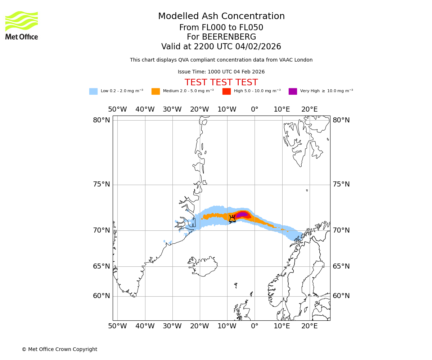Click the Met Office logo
point(22,25)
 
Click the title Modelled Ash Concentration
point(221,17)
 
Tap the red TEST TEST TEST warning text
point(221,83)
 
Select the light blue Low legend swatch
point(93,91)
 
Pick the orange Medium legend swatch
point(156,91)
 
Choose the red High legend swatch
point(226,91)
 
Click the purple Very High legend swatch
point(293,91)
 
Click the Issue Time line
point(221,72)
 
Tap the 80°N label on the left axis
point(102,120)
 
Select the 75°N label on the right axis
point(341,184)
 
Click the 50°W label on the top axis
point(117,109)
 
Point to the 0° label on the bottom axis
point(255,326)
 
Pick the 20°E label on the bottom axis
point(309,326)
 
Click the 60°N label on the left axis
point(102,296)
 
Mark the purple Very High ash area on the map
point(242,215)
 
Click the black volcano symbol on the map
point(232,219)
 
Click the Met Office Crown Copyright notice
point(59,350)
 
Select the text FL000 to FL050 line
point(221,28)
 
